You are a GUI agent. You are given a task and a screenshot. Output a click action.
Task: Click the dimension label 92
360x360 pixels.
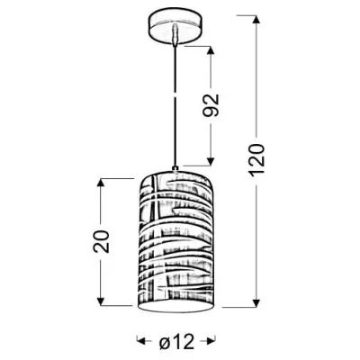(211, 105)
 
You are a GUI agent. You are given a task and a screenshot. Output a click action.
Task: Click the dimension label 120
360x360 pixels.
(256, 159)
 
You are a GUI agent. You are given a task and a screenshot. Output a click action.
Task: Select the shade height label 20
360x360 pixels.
(101, 241)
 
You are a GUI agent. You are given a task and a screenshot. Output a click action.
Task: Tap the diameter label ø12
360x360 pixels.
(176, 342)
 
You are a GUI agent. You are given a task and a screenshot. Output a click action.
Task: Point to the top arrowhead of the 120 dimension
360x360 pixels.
(256, 20)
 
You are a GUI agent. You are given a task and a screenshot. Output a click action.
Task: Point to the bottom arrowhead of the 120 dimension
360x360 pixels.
(256, 302)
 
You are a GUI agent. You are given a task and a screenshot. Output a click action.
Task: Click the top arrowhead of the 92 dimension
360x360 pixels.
(211, 50)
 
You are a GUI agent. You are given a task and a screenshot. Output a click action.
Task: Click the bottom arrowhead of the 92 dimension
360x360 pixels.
(211, 161)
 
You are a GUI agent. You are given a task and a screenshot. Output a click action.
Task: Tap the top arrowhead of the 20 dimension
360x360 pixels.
(101, 183)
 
